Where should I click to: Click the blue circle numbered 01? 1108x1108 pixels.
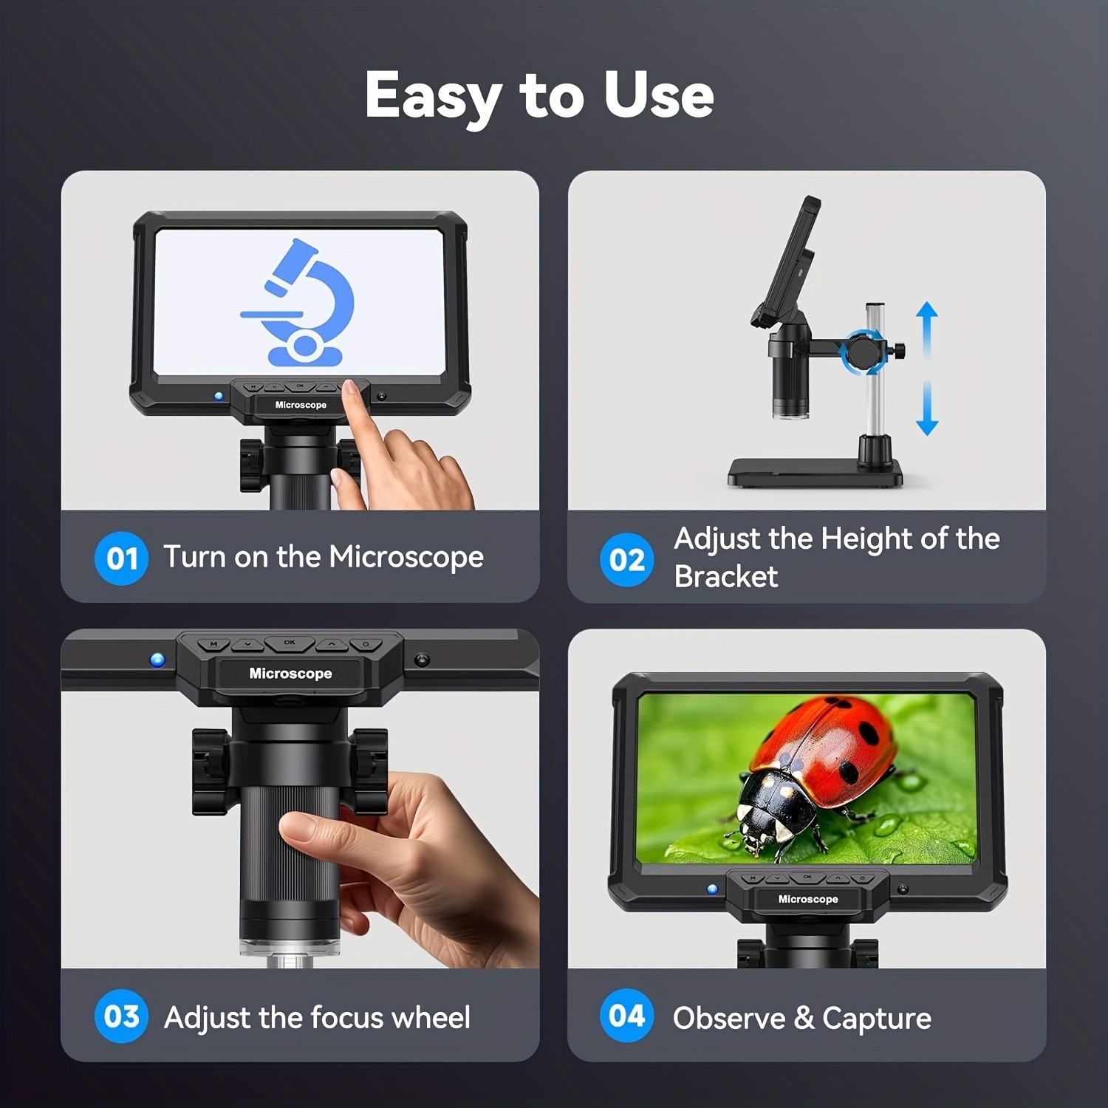121,558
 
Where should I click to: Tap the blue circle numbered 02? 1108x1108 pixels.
626,560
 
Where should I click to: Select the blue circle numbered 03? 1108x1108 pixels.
121,1016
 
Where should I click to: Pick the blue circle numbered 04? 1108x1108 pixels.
626,1016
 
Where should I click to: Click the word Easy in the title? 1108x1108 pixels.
432,96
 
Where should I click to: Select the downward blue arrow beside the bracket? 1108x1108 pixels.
927,414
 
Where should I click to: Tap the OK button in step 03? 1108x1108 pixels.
290,643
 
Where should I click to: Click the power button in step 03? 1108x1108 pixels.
366,645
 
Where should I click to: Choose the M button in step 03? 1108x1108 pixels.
214,645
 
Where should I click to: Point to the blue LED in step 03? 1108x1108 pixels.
157,660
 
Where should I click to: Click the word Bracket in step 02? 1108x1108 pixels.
725,577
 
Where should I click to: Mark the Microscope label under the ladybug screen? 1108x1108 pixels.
808,899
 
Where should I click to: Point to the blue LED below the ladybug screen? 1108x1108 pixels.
712,889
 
